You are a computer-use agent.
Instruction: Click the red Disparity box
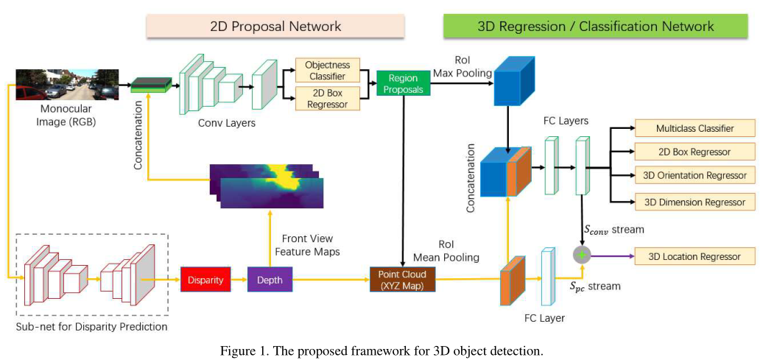coord(200,279)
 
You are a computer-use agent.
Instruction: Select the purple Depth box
coord(269,279)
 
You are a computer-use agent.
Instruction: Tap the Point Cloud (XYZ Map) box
coord(402,279)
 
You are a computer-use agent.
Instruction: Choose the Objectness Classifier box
coord(327,71)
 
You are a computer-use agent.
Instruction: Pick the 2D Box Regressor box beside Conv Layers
coord(327,98)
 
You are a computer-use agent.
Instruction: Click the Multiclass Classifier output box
coord(695,129)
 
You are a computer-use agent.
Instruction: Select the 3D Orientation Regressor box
coord(695,175)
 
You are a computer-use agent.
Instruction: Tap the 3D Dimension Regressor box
coord(695,201)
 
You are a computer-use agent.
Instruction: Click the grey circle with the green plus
coord(583,255)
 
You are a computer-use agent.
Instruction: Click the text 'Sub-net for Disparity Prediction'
coord(92,326)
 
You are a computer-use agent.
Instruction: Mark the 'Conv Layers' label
coord(227,123)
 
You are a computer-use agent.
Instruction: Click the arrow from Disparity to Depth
coord(236,279)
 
